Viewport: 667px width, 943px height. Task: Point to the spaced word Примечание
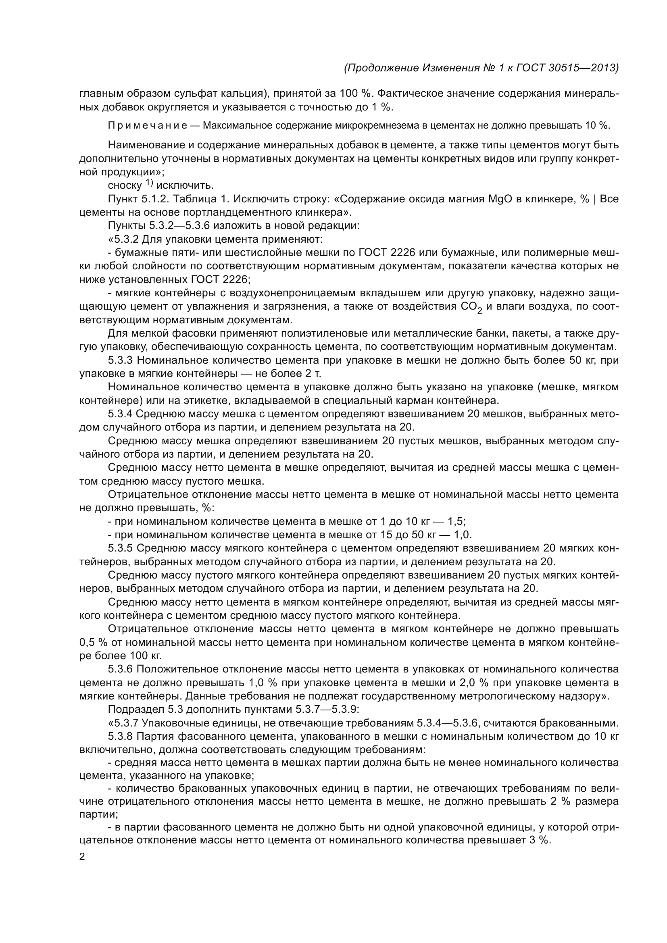(x=148, y=126)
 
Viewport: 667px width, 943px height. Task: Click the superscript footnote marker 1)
(x=149, y=183)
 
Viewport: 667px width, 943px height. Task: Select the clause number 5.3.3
(x=120, y=360)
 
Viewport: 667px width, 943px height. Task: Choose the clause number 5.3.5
(x=120, y=548)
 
